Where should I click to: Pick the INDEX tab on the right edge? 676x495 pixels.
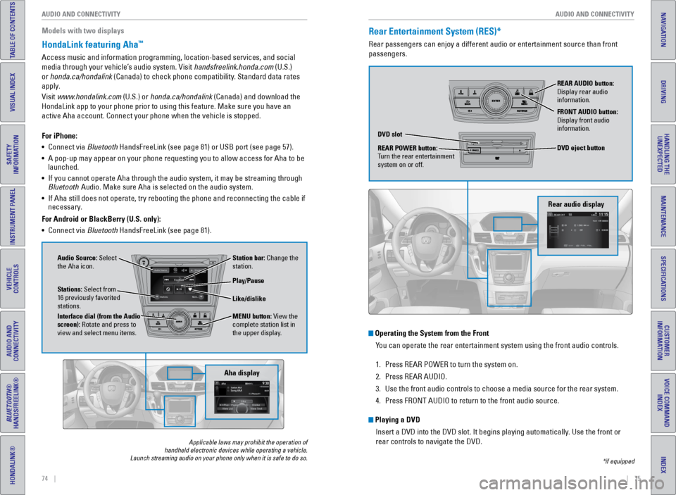[x=663, y=465]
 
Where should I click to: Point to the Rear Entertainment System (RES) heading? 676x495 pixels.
[x=434, y=32]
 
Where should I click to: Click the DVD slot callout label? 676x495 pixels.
[x=390, y=134]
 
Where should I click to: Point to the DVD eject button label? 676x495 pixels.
[x=580, y=148]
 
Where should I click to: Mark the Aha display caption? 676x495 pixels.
[x=242, y=372]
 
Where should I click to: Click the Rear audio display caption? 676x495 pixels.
[x=575, y=204]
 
